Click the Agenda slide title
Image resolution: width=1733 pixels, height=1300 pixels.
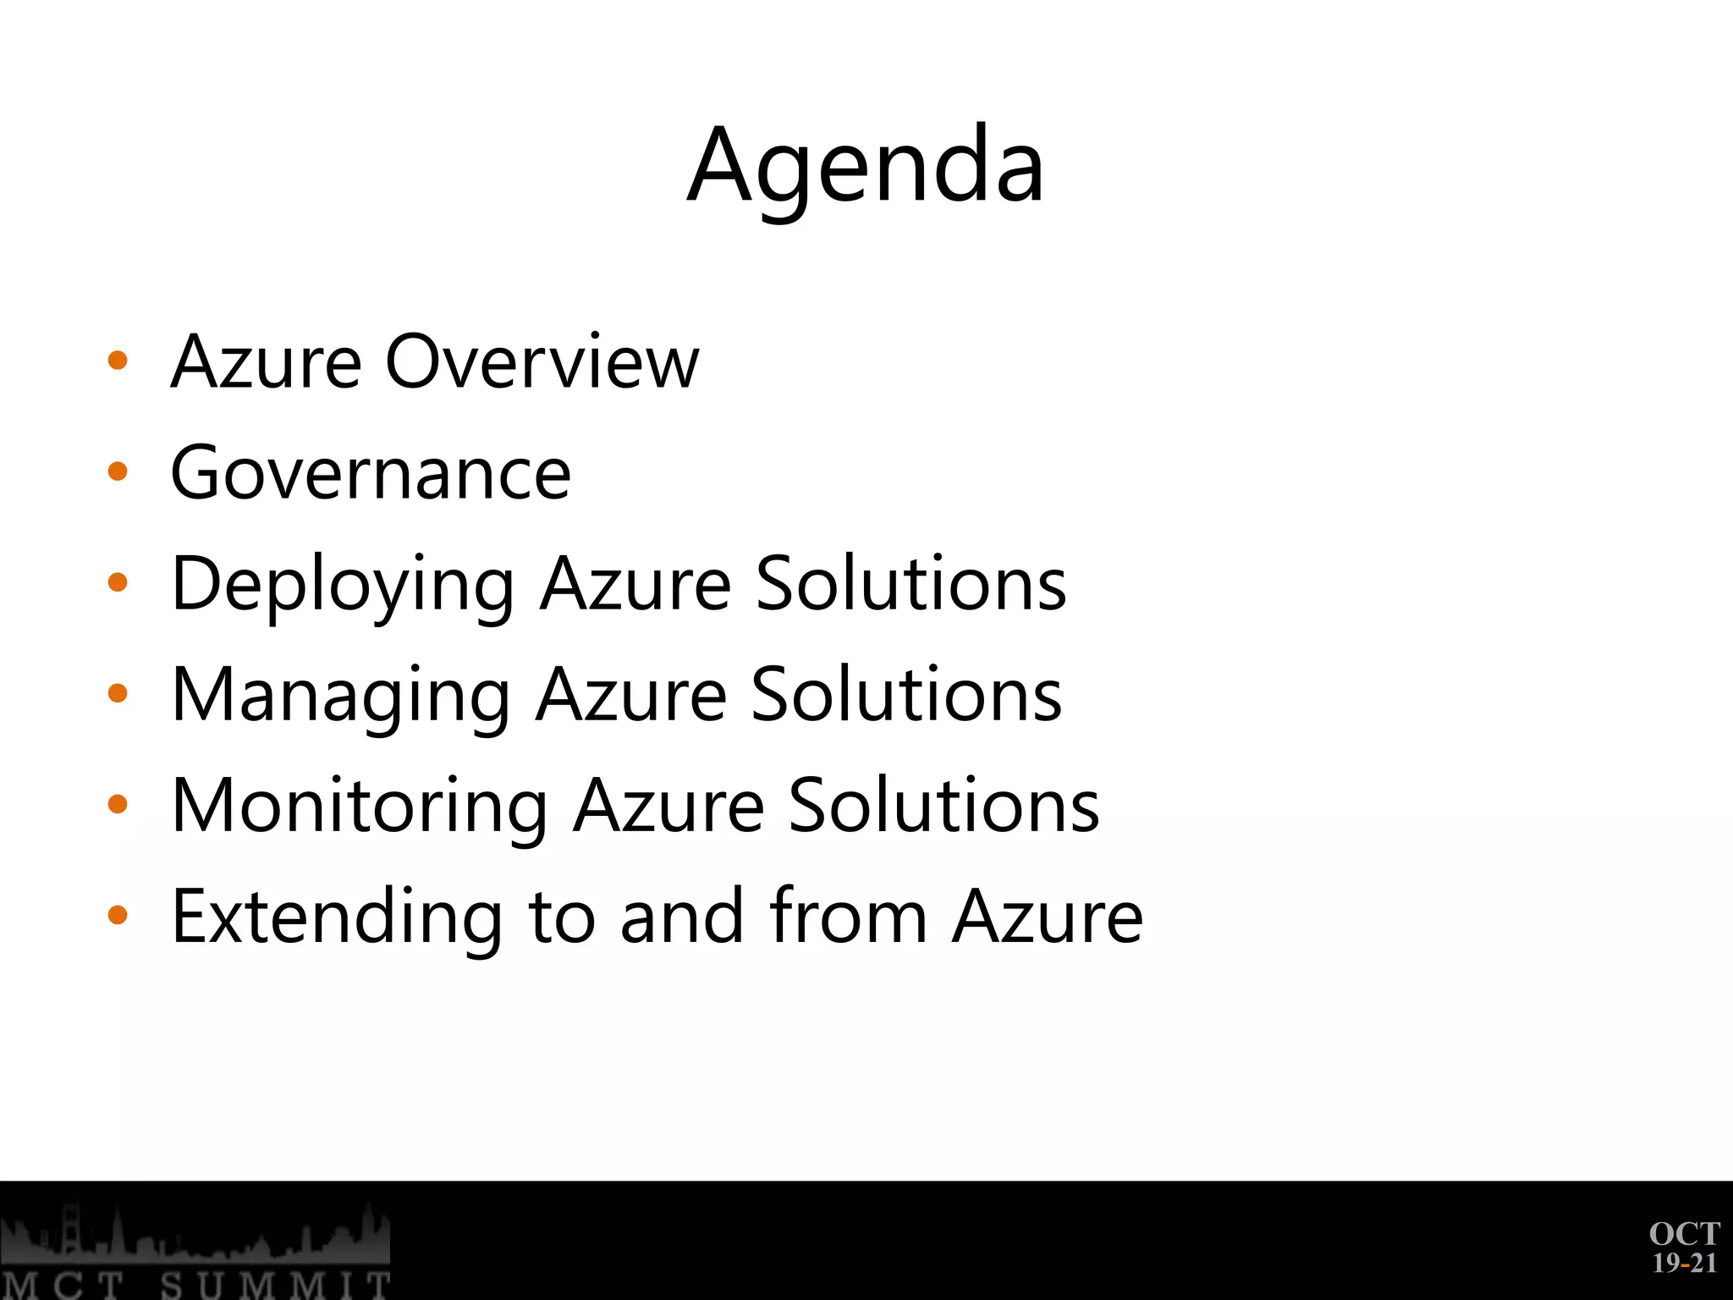(866, 165)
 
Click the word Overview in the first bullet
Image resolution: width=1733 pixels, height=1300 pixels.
(542, 362)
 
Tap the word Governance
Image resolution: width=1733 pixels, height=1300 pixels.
(371, 473)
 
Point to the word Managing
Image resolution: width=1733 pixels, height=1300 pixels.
(340, 697)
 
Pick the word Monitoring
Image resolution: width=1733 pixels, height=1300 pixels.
(359, 807)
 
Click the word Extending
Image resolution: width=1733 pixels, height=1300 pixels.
(337, 917)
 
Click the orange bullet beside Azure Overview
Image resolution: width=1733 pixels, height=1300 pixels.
(118, 361)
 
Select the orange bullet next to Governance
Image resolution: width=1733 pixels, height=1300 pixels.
(118, 472)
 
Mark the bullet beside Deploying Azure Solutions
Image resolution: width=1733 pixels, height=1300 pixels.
(118, 583)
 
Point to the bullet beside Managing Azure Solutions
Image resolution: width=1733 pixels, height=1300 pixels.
(118, 694)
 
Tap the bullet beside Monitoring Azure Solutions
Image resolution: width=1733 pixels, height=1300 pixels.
(118, 805)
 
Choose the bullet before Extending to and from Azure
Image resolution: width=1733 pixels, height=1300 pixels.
(118, 916)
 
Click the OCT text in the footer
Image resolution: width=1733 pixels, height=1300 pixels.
(1684, 1233)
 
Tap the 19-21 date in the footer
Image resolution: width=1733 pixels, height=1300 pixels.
(1684, 1263)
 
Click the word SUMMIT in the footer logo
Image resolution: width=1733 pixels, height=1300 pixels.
(275, 1285)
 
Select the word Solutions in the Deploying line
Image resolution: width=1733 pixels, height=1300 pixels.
(911, 584)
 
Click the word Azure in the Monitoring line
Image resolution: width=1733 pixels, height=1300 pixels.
(668, 807)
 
